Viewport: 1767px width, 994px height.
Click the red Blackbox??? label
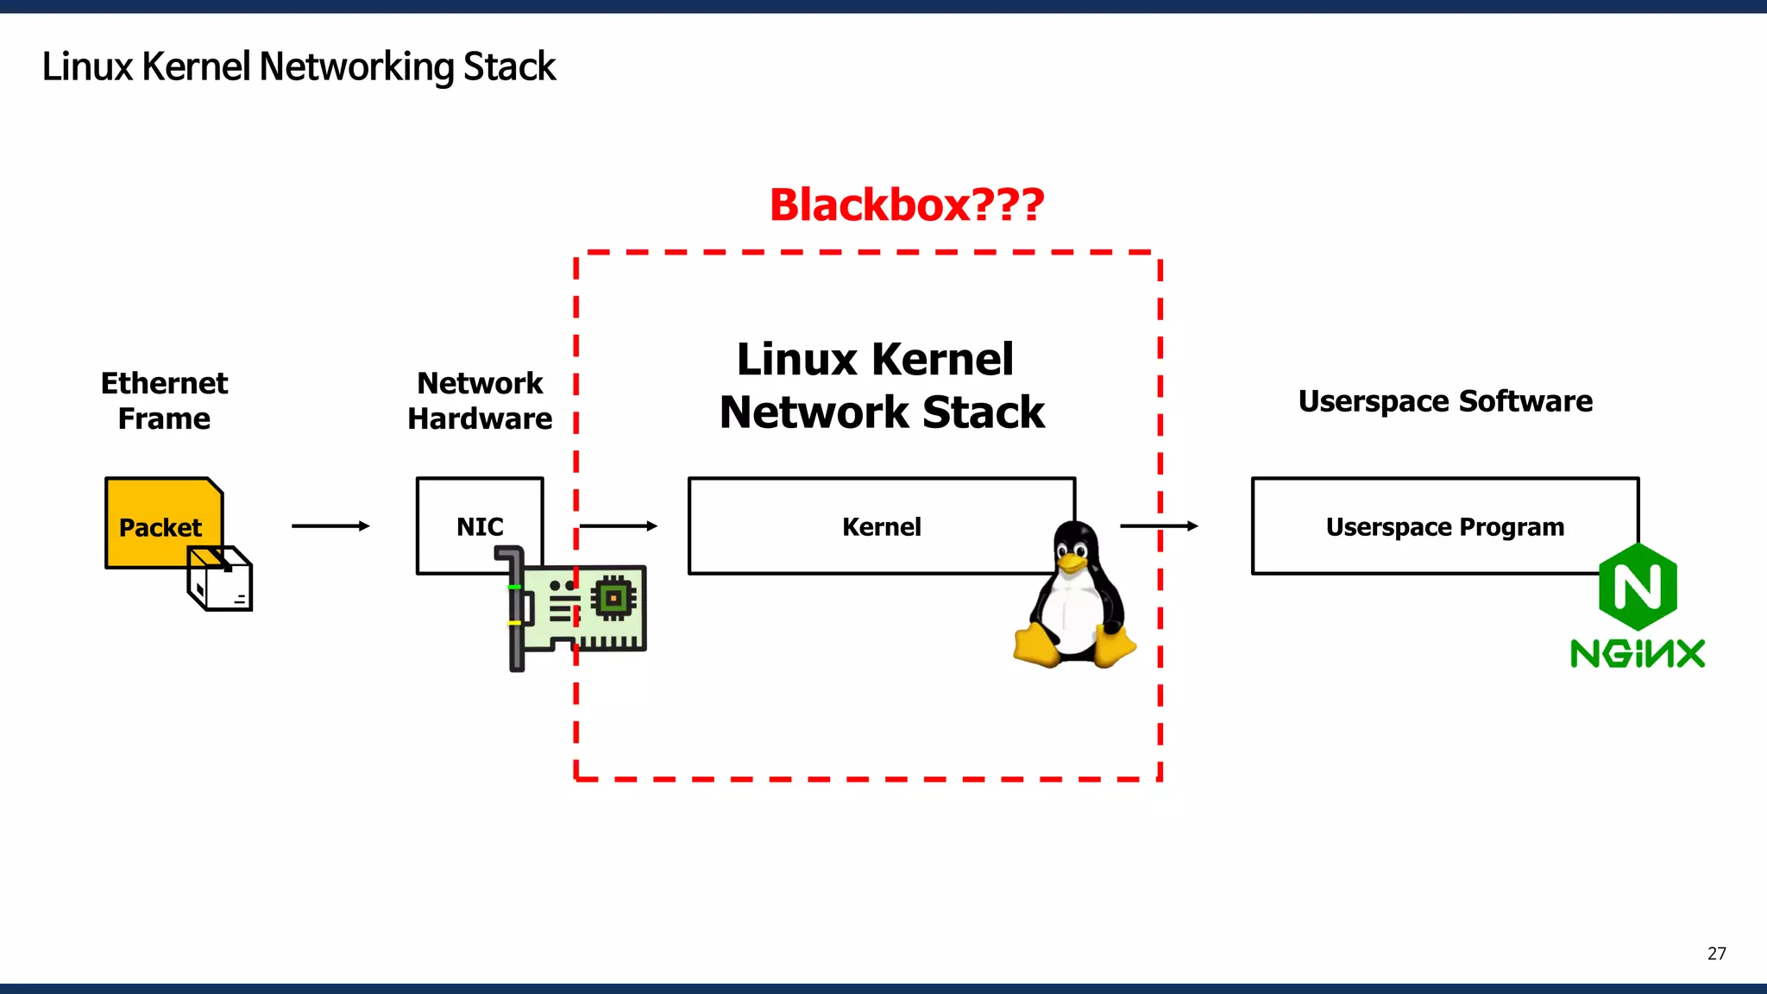(906, 205)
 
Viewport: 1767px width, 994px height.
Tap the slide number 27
(1716, 953)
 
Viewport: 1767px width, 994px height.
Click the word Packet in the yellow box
(160, 527)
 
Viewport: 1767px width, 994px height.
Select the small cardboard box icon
(221, 580)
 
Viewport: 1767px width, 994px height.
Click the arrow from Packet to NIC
(330, 525)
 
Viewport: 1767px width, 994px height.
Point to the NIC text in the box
(480, 526)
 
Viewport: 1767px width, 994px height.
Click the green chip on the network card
(613, 597)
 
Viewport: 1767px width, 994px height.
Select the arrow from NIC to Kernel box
(618, 525)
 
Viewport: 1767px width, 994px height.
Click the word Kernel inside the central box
(881, 526)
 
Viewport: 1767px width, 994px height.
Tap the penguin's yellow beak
(1072, 563)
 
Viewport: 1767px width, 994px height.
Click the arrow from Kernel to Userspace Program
(1159, 525)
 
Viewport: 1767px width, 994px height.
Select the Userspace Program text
(1444, 526)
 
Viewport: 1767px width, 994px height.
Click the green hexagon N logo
(1637, 588)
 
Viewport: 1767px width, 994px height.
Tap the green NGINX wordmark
(1637, 653)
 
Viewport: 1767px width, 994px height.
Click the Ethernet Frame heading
(164, 400)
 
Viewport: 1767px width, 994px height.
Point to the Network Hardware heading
(480, 400)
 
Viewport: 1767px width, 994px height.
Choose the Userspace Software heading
(1445, 401)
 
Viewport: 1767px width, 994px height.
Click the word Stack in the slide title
(509, 66)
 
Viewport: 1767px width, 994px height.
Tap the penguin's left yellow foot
(1035, 646)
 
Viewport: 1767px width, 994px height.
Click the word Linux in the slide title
(87, 66)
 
